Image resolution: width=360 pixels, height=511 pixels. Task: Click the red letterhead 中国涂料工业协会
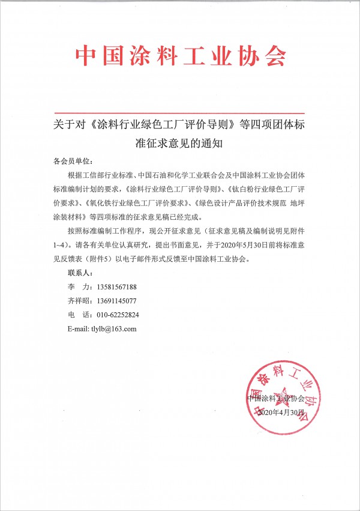click(x=180, y=56)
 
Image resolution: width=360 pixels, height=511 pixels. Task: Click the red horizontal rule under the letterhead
click(x=180, y=112)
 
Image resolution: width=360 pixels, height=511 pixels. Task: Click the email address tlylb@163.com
click(x=115, y=328)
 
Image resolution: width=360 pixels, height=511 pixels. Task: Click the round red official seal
click(x=280, y=392)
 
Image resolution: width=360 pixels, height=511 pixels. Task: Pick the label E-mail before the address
click(x=79, y=328)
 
